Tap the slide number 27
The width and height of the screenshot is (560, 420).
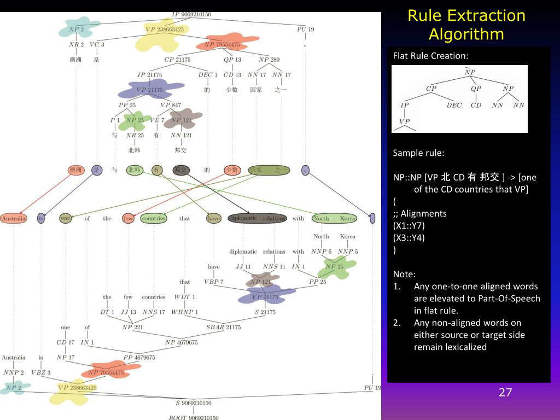click(x=505, y=392)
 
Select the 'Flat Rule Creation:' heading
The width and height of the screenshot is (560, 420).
click(x=431, y=56)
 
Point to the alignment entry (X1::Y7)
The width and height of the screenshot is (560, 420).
click(x=409, y=225)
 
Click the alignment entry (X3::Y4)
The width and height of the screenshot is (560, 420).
click(x=409, y=237)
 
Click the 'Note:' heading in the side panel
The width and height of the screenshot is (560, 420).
click(x=404, y=274)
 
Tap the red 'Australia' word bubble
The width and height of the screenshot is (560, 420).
click(x=14, y=218)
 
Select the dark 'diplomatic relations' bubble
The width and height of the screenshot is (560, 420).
click(x=257, y=218)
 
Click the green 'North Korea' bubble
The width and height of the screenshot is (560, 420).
click(x=334, y=218)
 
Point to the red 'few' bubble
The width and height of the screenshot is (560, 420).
click(x=128, y=218)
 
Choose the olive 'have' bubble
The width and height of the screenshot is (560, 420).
click(x=214, y=218)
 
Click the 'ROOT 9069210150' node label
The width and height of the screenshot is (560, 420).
click(x=193, y=417)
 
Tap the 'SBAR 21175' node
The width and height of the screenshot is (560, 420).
click(x=223, y=327)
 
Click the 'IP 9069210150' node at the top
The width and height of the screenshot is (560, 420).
click(x=191, y=14)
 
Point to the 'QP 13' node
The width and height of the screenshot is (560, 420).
click(x=232, y=60)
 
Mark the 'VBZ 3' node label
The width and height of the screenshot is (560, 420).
click(x=41, y=372)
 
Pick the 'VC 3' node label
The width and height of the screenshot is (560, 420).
click(x=96, y=44)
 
